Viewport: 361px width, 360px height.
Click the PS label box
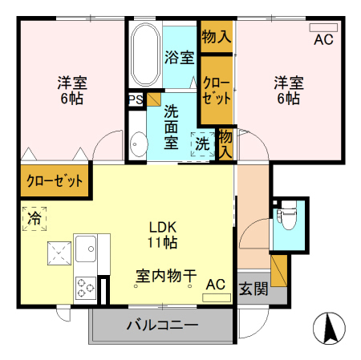[x=135, y=100]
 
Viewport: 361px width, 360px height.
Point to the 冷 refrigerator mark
[x=34, y=218]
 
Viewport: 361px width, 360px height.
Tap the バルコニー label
[x=161, y=326]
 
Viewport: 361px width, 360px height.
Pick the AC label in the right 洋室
[x=323, y=39]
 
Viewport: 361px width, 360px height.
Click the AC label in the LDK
[x=215, y=285]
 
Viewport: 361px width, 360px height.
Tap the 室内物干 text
[x=165, y=275]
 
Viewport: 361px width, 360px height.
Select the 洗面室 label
[x=171, y=127]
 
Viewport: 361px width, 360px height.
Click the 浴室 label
[x=179, y=57]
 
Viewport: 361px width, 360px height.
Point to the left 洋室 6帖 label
[x=71, y=90]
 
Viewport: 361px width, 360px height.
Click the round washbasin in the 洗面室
[x=137, y=145]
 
